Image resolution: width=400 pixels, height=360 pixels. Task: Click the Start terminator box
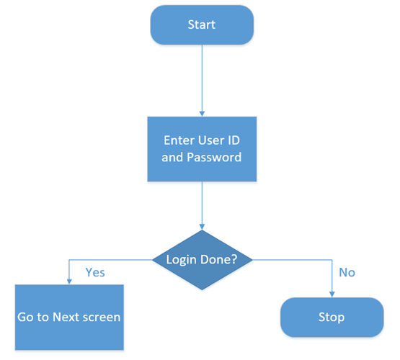pos(202,25)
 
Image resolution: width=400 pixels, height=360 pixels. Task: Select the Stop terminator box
pos(332,318)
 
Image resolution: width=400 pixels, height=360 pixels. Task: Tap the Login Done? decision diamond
pos(202,260)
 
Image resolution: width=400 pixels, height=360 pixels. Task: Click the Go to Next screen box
pos(69,318)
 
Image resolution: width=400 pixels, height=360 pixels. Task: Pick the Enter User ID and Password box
pos(202,149)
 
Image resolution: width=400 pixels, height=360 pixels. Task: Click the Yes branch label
pos(95,272)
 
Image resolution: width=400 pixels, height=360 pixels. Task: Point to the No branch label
pos(347,272)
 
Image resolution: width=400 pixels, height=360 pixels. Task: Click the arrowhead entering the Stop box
pos(332,294)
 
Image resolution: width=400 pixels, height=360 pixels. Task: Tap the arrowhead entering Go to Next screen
pos(69,282)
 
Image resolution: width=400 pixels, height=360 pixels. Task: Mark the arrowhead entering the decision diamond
pos(202,227)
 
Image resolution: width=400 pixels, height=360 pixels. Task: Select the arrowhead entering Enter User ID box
pos(202,114)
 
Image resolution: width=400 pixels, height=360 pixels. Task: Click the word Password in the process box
pos(214,157)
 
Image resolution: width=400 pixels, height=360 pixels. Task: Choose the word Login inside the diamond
pos(182,260)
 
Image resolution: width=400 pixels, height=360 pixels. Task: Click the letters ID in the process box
pos(234,140)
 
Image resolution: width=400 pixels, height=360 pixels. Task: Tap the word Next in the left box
pos(66,318)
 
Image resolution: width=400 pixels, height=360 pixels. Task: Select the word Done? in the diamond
pos(219,259)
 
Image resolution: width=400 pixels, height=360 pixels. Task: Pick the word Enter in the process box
pos(179,140)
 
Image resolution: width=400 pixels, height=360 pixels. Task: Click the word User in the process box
pos(211,140)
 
